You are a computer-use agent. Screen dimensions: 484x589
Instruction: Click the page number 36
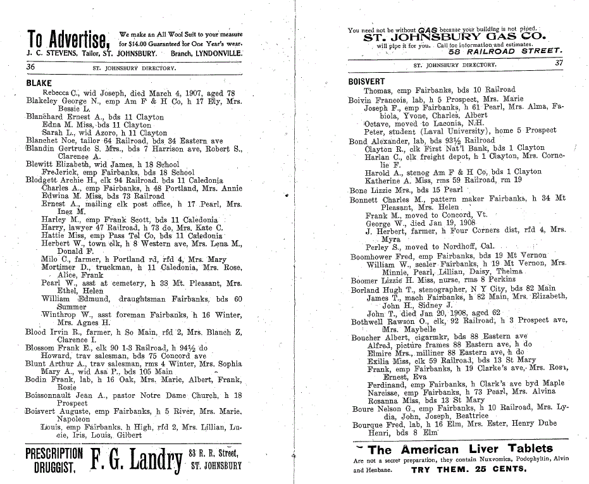click(30, 66)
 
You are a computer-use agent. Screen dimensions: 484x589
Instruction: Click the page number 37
click(559, 63)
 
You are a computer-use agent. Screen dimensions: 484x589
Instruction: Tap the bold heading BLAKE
click(39, 83)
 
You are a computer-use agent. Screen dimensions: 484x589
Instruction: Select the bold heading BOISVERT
click(366, 82)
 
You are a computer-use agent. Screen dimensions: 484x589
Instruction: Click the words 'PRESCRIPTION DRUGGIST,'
click(54, 460)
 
